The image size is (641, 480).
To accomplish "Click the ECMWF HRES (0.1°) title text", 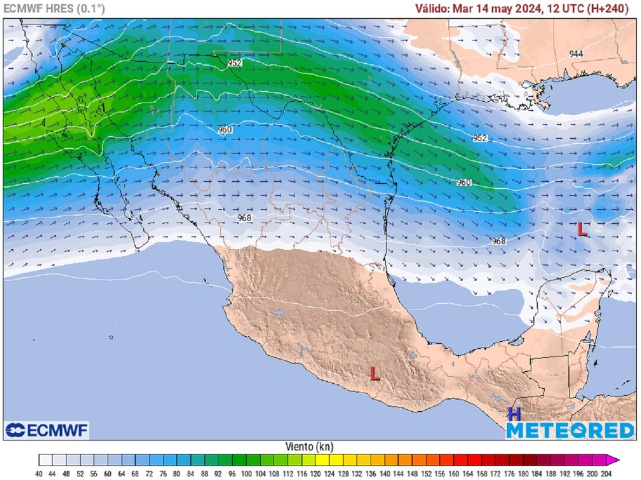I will click(x=54, y=9).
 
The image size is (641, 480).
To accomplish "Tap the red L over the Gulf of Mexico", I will click(x=582, y=229).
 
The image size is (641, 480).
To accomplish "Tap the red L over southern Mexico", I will click(x=375, y=374).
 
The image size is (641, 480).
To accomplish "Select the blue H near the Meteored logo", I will click(x=514, y=414).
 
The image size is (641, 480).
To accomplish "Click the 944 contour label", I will click(x=576, y=54).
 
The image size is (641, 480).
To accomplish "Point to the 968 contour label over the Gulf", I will click(x=498, y=241).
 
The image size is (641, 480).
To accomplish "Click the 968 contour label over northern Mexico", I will click(x=245, y=218).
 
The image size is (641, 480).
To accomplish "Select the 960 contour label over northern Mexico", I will click(x=225, y=130).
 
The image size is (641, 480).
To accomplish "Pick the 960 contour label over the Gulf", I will click(x=463, y=182).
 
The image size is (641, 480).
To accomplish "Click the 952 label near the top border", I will click(x=235, y=63).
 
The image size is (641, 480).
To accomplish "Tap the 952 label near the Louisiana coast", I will click(x=479, y=138).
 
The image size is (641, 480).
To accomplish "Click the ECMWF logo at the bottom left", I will click(x=47, y=430).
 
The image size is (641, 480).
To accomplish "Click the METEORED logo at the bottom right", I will click(x=570, y=430).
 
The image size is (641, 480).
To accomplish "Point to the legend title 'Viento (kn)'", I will click(x=309, y=447).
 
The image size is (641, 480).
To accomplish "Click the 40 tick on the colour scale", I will click(x=39, y=474).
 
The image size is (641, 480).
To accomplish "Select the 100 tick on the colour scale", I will click(x=246, y=474).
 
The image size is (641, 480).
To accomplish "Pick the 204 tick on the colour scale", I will click(x=605, y=474).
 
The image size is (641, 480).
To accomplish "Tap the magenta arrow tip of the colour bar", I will click(x=616, y=461).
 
